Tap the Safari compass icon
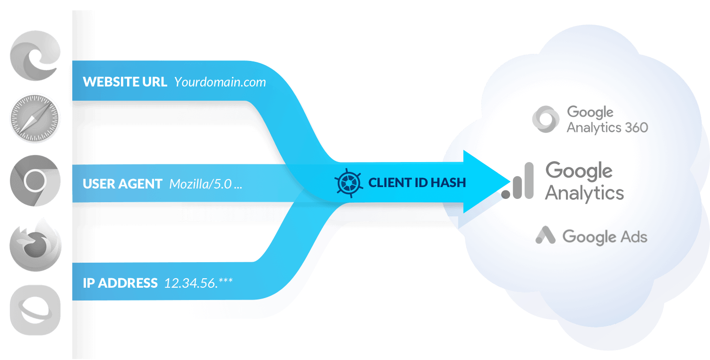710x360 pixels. (35, 118)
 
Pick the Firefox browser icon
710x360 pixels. (35, 244)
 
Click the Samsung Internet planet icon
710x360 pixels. (35, 309)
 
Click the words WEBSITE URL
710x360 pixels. (125, 82)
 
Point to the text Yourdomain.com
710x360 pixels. (220, 82)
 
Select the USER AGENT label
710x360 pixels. (122, 184)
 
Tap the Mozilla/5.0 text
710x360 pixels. (205, 184)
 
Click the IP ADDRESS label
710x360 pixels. (120, 283)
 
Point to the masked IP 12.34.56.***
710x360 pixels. (198, 283)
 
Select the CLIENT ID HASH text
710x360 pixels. (417, 182)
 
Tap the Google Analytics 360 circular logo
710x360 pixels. (546, 119)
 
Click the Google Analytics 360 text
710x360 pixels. (607, 120)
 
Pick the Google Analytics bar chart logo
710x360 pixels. (518, 181)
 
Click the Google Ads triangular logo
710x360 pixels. (546, 235)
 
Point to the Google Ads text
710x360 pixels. (605, 236)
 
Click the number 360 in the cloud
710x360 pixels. (635, 127)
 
